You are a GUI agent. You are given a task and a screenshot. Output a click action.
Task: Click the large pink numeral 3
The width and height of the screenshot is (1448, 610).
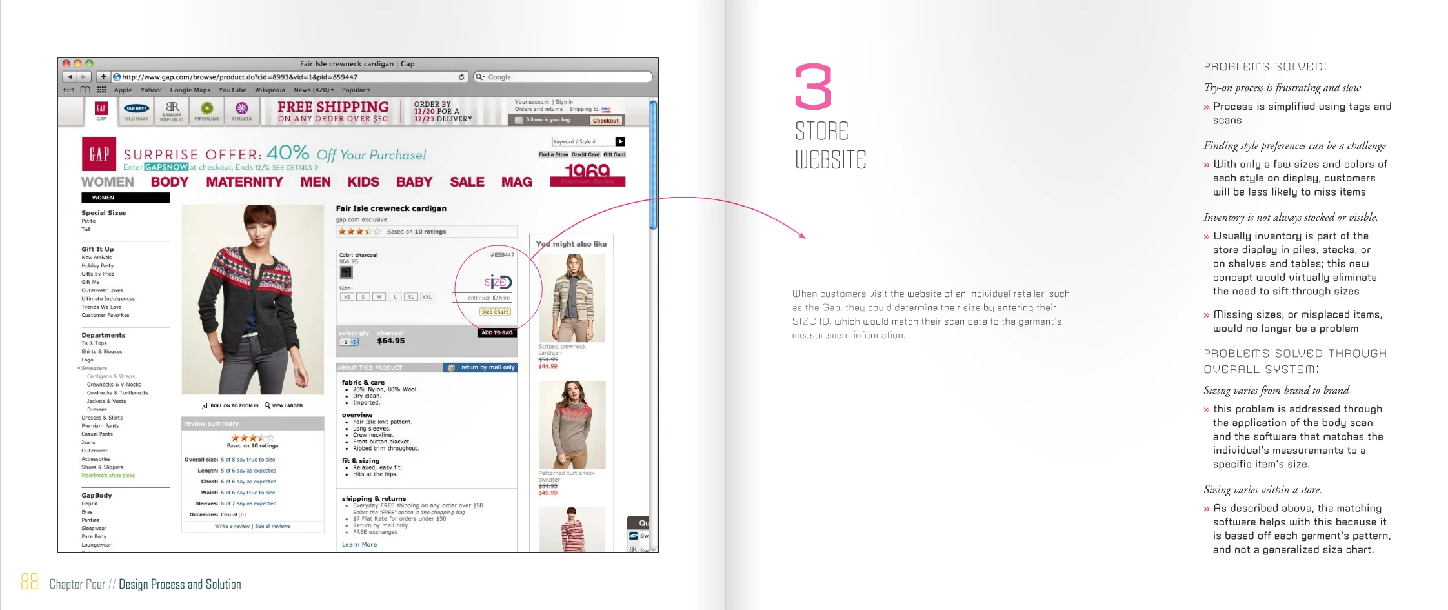pyautogui.click(x=813, y=86)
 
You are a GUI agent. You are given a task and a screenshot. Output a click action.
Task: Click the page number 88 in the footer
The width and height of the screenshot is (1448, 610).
pyautogui.click(x=29, y=582)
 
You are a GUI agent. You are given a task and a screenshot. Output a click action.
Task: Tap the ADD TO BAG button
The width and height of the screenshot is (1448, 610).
pyautogui.click(x=497, y=332)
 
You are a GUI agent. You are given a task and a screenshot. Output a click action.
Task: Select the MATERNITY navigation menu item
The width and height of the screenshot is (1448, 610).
pyautogui.click(x=245, y=182)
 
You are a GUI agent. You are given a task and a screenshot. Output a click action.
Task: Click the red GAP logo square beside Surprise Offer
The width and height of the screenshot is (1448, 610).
pyautogui.click(x=99, y=154)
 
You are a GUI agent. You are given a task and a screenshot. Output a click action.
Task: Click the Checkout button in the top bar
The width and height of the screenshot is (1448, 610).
pyautogui.click(x=605, y=121)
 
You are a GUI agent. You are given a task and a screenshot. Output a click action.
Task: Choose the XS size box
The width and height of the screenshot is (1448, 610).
pyautogui.click(x=347, y=297)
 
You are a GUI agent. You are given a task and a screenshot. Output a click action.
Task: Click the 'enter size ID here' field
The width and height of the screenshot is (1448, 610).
pyautogui.click(x=483, y=298)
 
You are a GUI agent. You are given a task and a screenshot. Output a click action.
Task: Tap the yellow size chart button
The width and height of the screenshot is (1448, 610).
pyautogui.click(x=495, y=312)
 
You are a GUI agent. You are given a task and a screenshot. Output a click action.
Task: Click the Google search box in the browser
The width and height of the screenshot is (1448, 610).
pyautogui.click(x=565, y=77)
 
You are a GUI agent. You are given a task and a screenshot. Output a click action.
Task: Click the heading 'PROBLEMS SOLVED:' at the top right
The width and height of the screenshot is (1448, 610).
pyautogui.click(x=1265, y=66)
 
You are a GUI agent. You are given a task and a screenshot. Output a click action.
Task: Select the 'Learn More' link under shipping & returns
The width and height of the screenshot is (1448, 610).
pyautogui.click(x=359, y=545)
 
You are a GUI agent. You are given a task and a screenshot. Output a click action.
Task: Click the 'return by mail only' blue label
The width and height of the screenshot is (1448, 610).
pyautogui.click(x=487, y=367)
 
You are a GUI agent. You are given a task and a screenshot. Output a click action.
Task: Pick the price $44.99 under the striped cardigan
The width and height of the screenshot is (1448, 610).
pyautogui.click(x=548, y=367)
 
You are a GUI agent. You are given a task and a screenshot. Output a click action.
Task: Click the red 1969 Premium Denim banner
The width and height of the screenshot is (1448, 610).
pyautogui.click(x=587, y=174)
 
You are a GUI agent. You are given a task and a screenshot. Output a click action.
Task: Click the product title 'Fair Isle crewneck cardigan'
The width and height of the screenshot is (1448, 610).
pyautogui.click(x=391, y=208)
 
